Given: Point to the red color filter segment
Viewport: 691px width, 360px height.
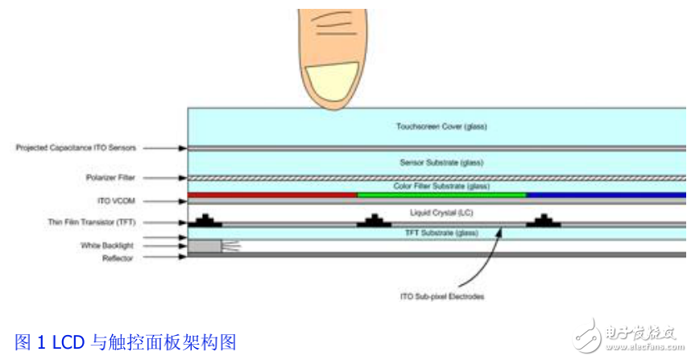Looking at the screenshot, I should (x=272, y=195).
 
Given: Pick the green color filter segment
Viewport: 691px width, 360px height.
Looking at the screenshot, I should (x=441, y=195).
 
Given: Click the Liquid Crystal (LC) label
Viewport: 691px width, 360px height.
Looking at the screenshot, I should (x=441, y=213).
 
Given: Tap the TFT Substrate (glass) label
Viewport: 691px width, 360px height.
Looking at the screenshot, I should (x=441, y=233).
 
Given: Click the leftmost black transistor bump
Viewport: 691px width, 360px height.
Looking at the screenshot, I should (x=207, y=220).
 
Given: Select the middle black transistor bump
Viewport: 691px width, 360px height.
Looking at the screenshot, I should (x=375, y=220).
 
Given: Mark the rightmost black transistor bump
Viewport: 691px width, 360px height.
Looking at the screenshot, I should (x=544, y=220).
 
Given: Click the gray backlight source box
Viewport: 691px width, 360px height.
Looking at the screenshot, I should (x=205, y=246).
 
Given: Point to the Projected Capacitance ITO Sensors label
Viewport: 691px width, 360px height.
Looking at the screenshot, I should (x=76, y=148).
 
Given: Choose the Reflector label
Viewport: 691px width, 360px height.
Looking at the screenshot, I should (x=117, y=259).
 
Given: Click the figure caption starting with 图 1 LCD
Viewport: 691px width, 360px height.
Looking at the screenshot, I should (x=126, y=342).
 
